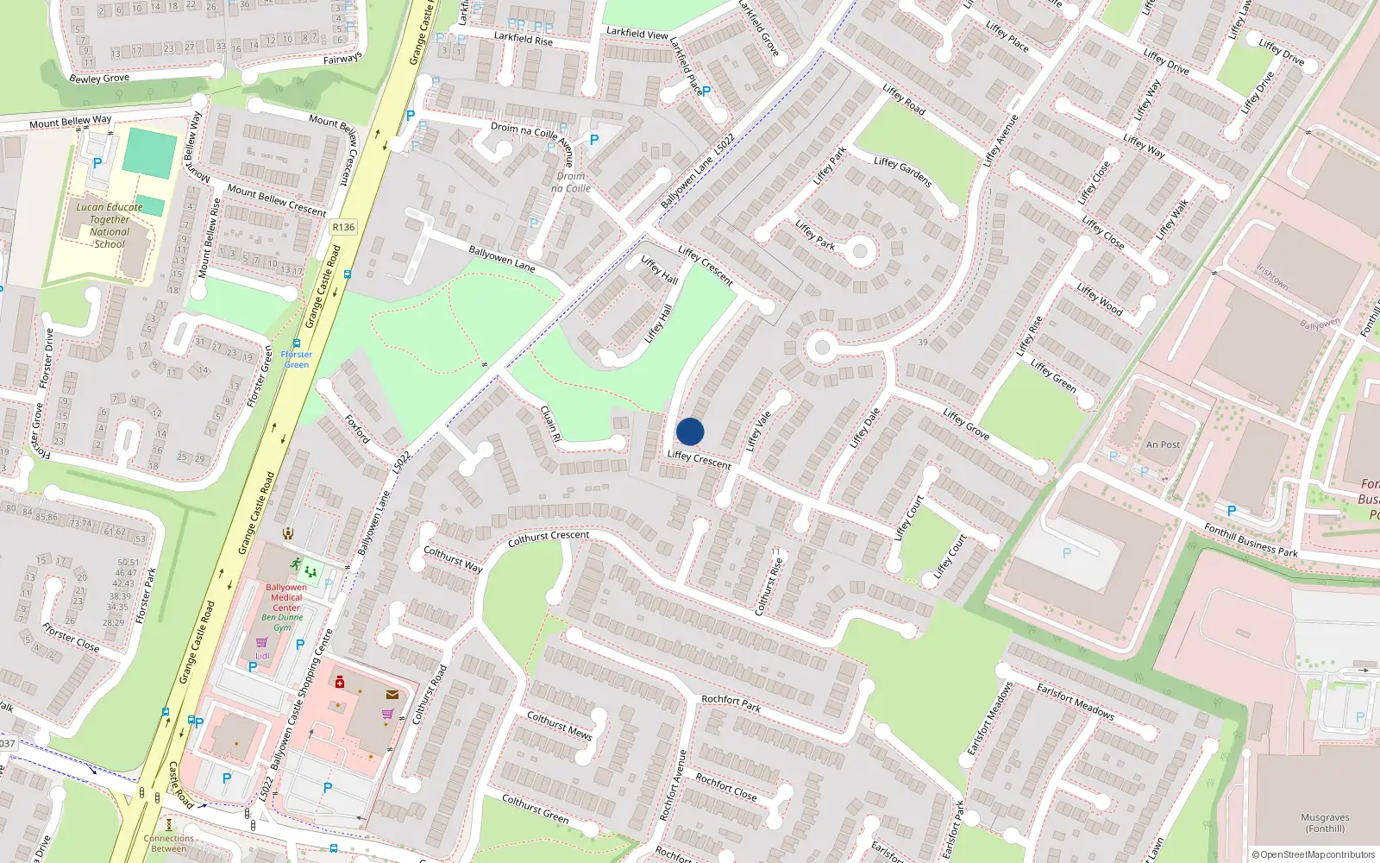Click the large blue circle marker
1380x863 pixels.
[x=690, y=431]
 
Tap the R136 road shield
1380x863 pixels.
[x=343, y=227]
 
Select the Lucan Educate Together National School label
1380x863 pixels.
[x=110, y=225]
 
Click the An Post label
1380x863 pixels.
[x=1163, y=444]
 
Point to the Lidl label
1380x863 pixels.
[x=262, y=656]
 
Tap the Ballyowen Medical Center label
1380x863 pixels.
[x=286, y=597]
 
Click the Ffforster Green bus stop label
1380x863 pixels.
[x=297, y=359]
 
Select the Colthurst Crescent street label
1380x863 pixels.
[x=549, y=539]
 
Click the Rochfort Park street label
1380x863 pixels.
[x=731, y=703]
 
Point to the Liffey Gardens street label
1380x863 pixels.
[x=902, y=172]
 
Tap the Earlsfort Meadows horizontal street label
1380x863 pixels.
[x=1075, y=702]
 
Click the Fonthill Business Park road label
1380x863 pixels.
[x=1251, y=540]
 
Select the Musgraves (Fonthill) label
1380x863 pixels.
[x=1325, y=822]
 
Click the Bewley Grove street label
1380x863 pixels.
[x=99, y=79]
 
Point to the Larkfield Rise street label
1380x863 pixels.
[x=523, y=39]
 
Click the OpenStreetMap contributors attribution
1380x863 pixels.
[x=1314, y=854]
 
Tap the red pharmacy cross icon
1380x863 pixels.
[x=340, y=682]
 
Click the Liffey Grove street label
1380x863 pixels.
[x=966, y=424]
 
